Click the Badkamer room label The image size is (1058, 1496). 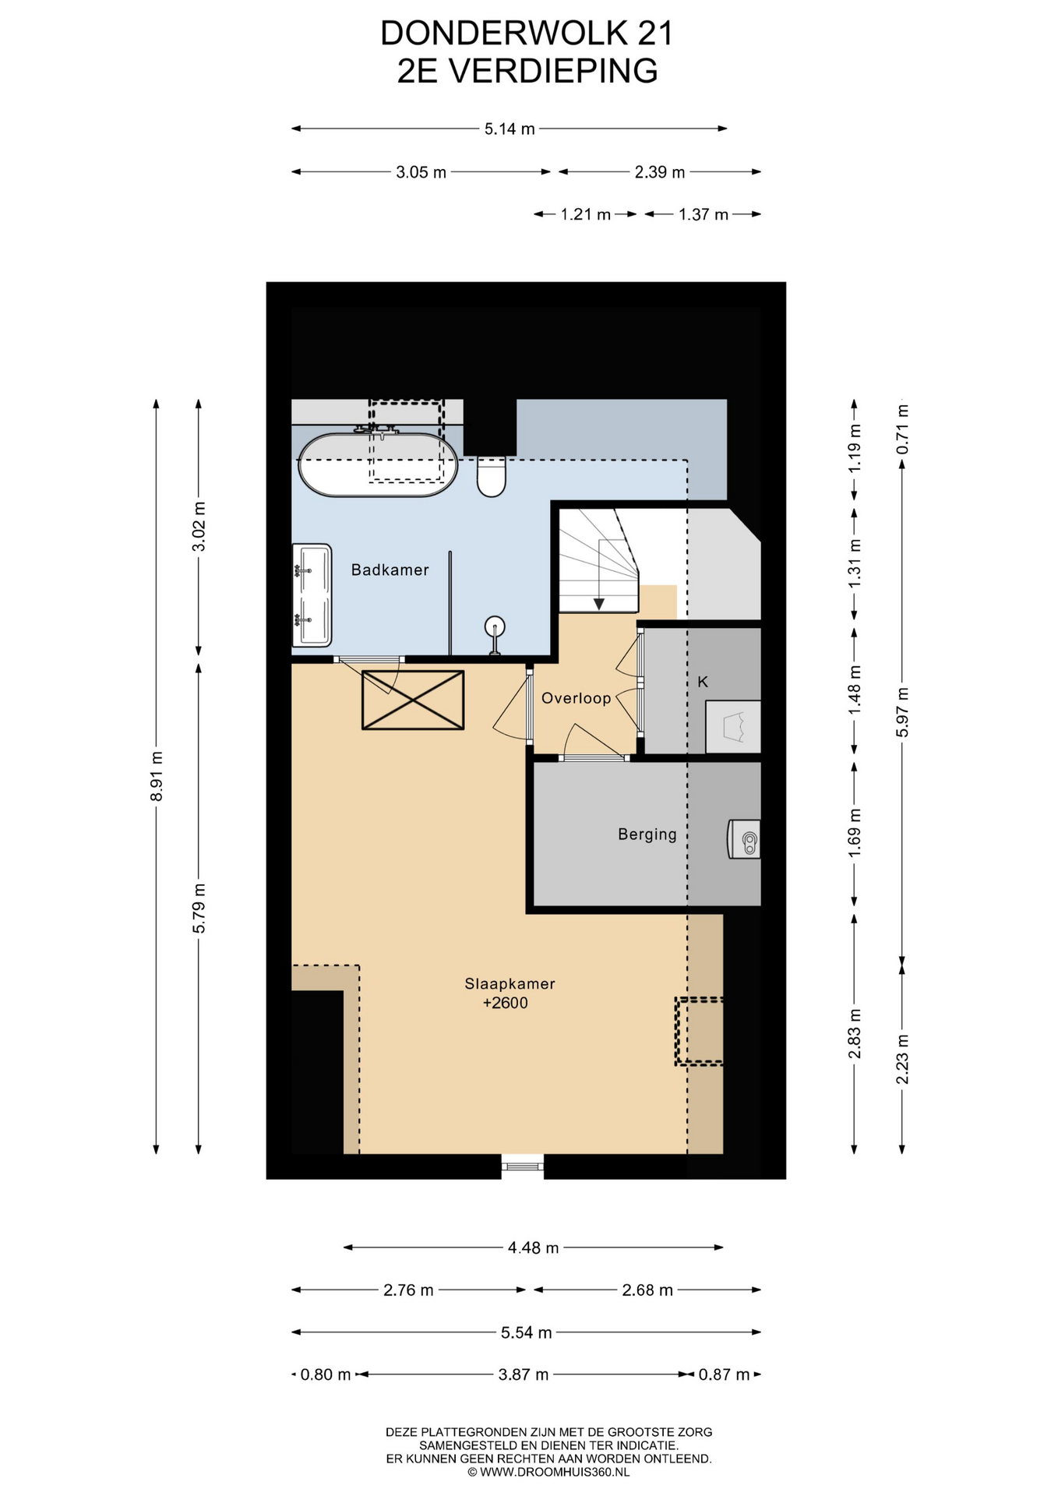[x=390, y=570]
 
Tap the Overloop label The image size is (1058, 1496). [x=576, y=698]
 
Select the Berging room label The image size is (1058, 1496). [x=647, y=834]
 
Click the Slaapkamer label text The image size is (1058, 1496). [x=510, y=983]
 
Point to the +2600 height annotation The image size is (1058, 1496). [x=505, y=1003]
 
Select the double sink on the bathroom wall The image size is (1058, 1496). [x=312, y=595]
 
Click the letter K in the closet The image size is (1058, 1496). [x=703, y=682]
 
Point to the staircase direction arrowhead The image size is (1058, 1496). [x=598, y=604]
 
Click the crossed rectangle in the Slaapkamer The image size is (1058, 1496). [x=413, y=700]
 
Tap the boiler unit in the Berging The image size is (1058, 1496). [x=744, y=839]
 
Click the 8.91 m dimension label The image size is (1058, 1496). [x=157, y=776]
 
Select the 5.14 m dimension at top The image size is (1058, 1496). [x=510, y=129]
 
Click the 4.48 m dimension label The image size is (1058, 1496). [x=533, y=1247]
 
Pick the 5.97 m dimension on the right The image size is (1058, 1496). [x=902, y=711]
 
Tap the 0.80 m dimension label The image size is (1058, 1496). [x=326, y=1374]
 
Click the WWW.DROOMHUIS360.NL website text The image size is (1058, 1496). [x=555, y=1472]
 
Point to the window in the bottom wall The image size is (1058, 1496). [x=522, y=1166]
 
